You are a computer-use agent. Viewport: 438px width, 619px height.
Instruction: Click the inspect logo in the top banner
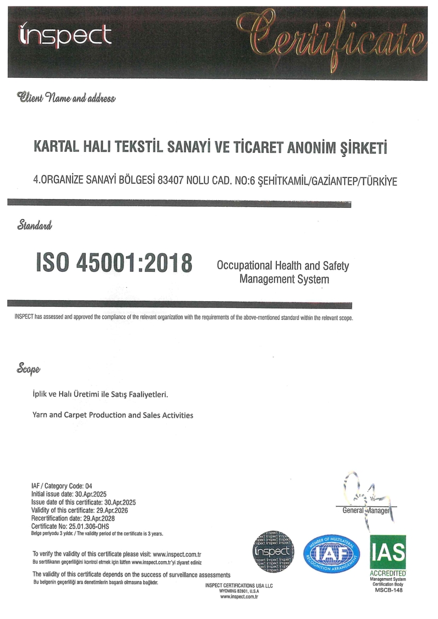[65, 36]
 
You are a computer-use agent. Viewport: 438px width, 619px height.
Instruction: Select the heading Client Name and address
[66, 96]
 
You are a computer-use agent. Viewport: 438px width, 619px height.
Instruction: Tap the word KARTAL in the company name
[55, 148]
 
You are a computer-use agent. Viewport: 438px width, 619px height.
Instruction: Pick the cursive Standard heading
[35, 225]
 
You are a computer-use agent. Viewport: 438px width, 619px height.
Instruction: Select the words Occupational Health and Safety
[283, 266]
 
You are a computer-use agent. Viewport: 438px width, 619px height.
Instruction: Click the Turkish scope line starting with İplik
[101, 395]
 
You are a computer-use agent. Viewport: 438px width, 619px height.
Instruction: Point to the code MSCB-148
[388, 590]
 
